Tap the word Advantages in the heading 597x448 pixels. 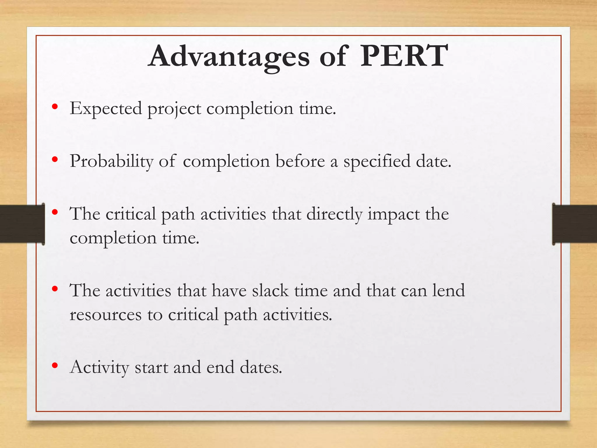(229, 57)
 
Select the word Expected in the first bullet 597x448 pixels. (106, 108)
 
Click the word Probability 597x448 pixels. (111, 161)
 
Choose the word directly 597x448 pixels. (334, 214)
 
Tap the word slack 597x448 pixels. (270, 291)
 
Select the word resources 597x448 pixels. (106, 315)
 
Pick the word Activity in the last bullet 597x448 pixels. (99, 367)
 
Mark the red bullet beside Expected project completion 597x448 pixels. (55, 107)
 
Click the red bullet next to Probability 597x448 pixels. (55, 160)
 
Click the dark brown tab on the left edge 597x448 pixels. (22, 224)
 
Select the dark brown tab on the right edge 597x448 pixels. (574, 224)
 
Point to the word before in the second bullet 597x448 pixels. (300, 161)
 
